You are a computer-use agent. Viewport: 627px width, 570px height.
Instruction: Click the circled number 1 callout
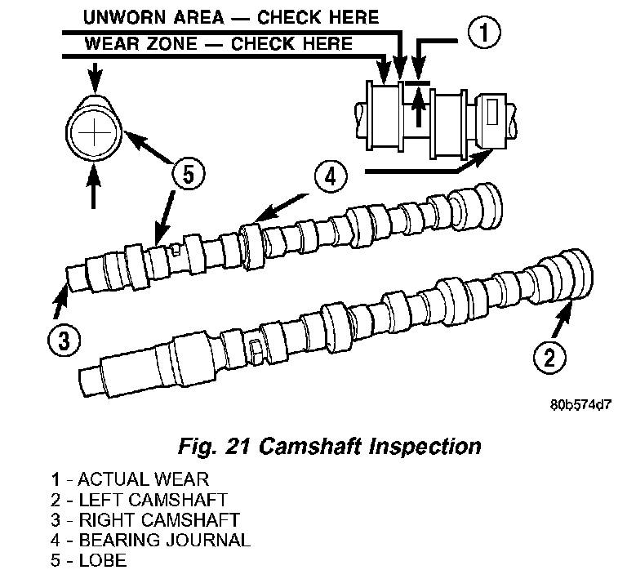click(484, 32)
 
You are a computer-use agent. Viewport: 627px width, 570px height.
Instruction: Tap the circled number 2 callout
click(549, 357)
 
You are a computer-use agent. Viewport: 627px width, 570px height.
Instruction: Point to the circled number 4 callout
click(331, 176)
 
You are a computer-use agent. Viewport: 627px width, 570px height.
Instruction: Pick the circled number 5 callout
click(189, 175)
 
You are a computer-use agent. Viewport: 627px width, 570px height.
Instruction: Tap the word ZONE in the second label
click(172, 43)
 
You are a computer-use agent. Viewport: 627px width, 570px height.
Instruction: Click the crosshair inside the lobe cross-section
click(94, 133)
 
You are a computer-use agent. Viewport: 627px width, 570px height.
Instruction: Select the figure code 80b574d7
click(580, 405)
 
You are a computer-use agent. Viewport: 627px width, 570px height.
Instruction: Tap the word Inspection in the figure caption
click(425, 447)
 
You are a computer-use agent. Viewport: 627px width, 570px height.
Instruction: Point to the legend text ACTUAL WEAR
click(143, 479)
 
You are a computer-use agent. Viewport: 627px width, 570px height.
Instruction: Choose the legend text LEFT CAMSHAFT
click(153, 500)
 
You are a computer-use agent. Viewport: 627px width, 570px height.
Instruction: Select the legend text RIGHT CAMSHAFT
click(159, 519)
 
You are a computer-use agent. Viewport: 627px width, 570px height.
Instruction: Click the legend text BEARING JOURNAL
click(164, 540)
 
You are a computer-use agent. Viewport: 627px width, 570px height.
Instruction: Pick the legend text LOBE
click(103, 560)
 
